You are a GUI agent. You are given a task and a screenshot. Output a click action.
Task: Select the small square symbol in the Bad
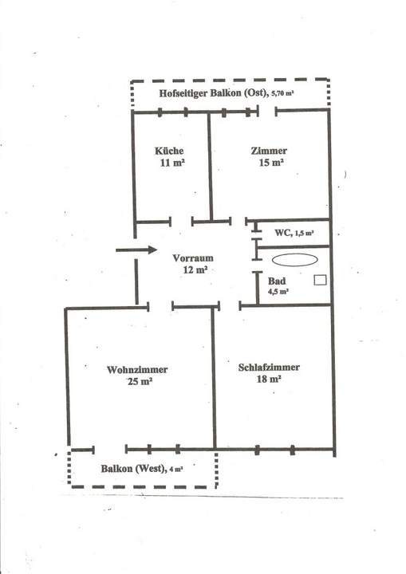coord(320,280)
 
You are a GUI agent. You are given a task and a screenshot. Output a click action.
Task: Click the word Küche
coord(170,151)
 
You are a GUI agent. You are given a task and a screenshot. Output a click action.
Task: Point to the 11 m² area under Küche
coord(172,163)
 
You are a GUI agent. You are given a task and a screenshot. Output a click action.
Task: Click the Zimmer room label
coord(268,151)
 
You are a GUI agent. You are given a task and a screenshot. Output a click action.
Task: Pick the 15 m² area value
coord(271,163)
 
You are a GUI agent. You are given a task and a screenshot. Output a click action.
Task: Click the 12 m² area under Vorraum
coord(195,270)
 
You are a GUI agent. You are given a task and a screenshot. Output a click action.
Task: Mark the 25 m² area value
coord(140,382)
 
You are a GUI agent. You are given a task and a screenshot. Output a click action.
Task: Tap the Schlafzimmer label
coord(269,368)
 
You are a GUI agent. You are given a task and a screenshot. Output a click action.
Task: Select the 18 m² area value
coord(269,380)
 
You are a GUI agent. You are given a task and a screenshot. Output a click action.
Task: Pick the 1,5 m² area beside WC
coord(303,234)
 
